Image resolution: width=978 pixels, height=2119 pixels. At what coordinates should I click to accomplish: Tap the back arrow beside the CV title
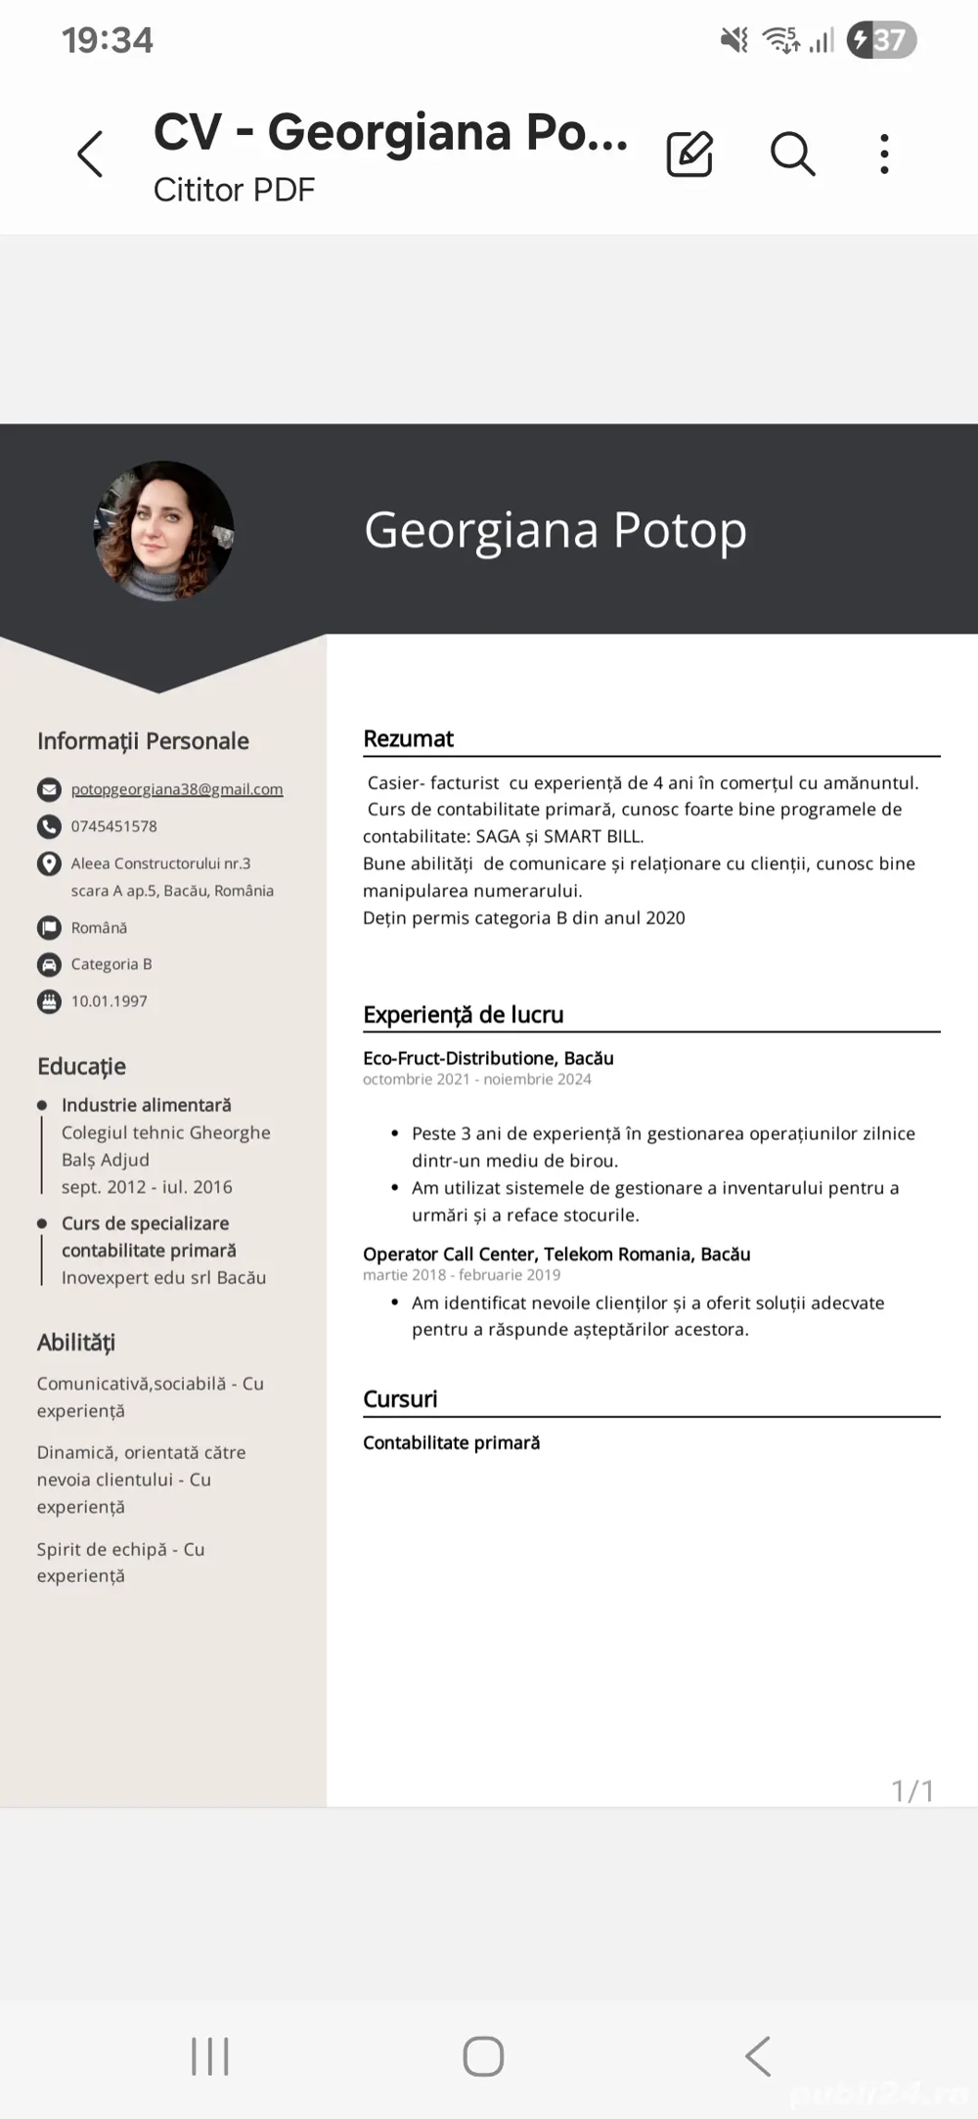[x=90, y=155]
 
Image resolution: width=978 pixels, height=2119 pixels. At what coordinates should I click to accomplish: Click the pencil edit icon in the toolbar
[x=689, y=155]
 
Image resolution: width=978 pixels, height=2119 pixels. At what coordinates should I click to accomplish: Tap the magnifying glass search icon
[x=792, y=155]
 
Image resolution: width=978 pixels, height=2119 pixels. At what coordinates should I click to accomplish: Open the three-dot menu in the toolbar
[x=884, y=155]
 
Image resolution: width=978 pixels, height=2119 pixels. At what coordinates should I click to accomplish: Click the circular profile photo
[x=163, y=531]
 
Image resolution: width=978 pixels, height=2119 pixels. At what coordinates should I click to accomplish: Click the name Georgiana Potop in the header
[x=555, y=530]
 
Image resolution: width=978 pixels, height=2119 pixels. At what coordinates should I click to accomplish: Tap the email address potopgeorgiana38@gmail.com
[x=176, y=789]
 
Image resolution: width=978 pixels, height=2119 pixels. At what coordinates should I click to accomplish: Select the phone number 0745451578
[x=113, y=826]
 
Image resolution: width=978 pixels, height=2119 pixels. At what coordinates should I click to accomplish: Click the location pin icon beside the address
[x=49, y=864]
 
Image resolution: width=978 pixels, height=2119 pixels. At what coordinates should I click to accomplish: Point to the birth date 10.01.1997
[x=109, y=1001]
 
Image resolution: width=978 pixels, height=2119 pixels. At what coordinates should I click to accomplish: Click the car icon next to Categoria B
[x=49, y=965]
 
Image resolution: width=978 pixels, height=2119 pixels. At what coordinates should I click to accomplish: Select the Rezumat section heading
[x=408, y=739]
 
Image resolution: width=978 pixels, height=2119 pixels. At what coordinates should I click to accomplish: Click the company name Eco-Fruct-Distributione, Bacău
[x=488, y=1058]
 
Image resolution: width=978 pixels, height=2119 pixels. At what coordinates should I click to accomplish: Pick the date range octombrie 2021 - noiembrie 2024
[x=476, y=1080]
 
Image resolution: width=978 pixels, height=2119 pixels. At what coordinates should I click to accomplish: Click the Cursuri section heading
[x=400, y=1399]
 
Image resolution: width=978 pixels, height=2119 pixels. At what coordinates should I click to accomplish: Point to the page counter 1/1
[x=912, y=1790]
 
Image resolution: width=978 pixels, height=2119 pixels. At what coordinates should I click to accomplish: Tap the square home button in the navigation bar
[x=483, y=2055]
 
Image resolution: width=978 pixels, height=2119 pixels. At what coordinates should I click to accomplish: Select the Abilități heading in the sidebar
[x=76, y=1343]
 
